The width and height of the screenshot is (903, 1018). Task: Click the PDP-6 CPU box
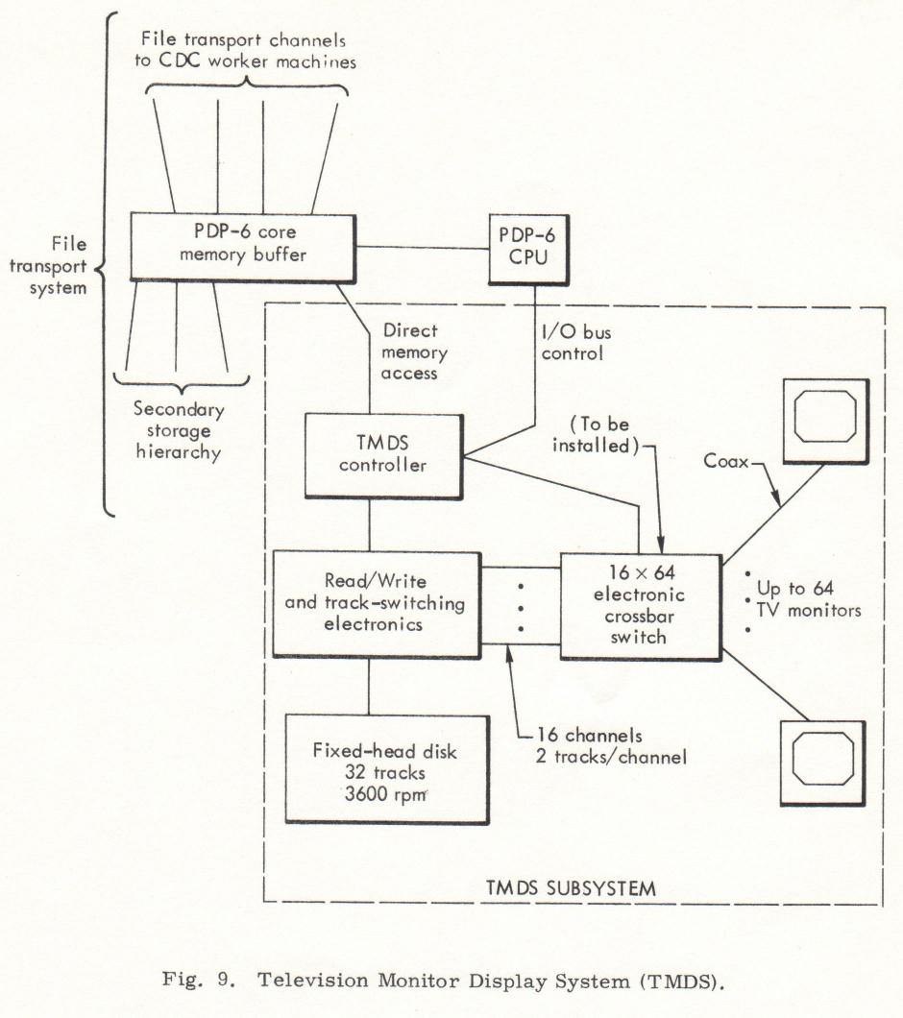point(528,250)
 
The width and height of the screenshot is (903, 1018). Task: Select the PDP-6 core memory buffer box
point(243,248)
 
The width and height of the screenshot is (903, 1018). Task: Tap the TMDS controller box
point(384,456)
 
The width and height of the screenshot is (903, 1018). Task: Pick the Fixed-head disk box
point(387,769)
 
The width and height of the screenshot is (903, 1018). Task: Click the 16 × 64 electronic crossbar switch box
point(641,606)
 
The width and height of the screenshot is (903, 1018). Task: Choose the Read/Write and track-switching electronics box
point(377,604)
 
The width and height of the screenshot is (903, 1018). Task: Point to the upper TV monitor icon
point(826,421)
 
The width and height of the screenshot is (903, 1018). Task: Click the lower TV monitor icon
point(823,763)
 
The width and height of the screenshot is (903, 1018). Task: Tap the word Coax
point(725,461)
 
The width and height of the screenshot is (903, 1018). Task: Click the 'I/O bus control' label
point(575,343)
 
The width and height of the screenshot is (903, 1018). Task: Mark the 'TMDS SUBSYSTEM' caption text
point(571,887)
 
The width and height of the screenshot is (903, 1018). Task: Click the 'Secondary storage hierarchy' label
point(179,430)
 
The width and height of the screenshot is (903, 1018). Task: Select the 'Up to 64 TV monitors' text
point(808,599)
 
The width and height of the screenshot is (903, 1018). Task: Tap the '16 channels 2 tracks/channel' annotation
point(611,746)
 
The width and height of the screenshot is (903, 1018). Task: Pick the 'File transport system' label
point(48,266)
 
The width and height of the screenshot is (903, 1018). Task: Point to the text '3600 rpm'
point(386,794)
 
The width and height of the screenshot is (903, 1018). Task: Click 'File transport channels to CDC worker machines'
point(246,50)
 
